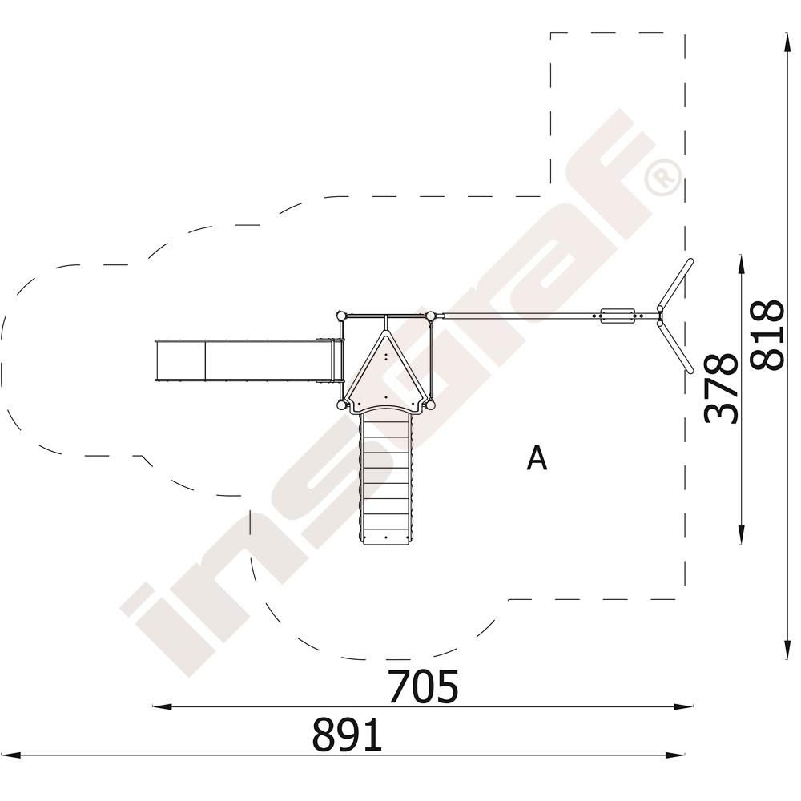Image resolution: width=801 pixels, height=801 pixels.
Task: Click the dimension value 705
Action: (423, 686)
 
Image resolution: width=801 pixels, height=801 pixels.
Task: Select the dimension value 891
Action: (347, 734)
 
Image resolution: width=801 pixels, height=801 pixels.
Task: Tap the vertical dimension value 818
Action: (767, 335)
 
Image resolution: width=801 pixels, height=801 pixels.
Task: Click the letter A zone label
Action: (537, 457)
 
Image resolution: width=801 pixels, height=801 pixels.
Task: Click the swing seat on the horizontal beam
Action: (618, 315)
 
